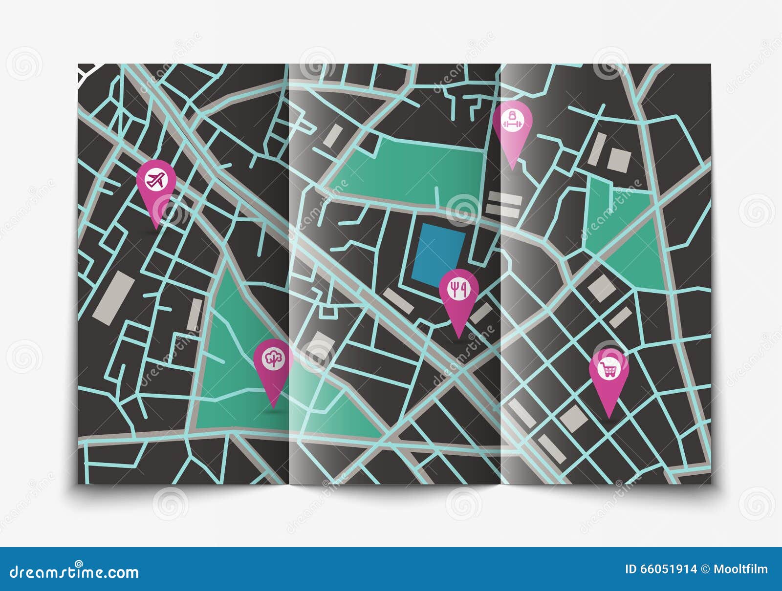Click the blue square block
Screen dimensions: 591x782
pyautogui.click(x=438, y=257)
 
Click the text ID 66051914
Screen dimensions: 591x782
pyautogui.click(x=661, y=570)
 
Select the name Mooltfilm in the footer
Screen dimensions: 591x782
pyautogui.click(x=741, y=570)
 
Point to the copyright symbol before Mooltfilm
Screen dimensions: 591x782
pyautogui.click(x=705, y=570)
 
